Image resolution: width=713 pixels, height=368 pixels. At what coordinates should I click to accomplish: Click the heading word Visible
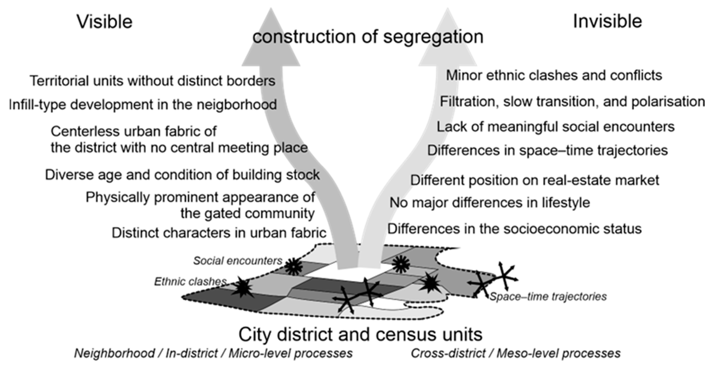pyautogui.click(x=105, y=22)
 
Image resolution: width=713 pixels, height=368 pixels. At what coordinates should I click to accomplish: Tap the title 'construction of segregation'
pyautogui.click(x=368, y=37)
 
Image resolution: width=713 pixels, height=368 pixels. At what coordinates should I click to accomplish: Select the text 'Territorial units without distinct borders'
pyautogui.click(x=152, y=81)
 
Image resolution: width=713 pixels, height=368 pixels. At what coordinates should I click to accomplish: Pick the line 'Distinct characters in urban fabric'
pyautogui.click(x=219, y=233)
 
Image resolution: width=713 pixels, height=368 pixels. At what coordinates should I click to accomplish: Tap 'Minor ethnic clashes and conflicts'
pyautogui.click(x=554, y=76)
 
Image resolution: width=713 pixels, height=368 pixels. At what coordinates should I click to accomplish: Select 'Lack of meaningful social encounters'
pyautogui.click(x=555, y=127)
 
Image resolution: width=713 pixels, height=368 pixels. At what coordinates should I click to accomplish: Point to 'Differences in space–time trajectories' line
pyautogui.click(x=547, y=150)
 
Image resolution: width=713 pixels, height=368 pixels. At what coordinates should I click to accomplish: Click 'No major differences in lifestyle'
pyautogui.click(x=490, y=203)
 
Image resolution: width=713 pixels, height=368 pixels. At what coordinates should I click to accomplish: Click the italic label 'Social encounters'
pyautogui.click(x=238, y=261)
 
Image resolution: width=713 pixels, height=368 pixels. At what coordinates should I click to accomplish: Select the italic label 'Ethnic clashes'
pyautogui.click(x=190, y=282)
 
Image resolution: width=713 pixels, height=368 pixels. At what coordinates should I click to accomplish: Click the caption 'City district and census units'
pyautogui.click(x=360, y=334)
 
